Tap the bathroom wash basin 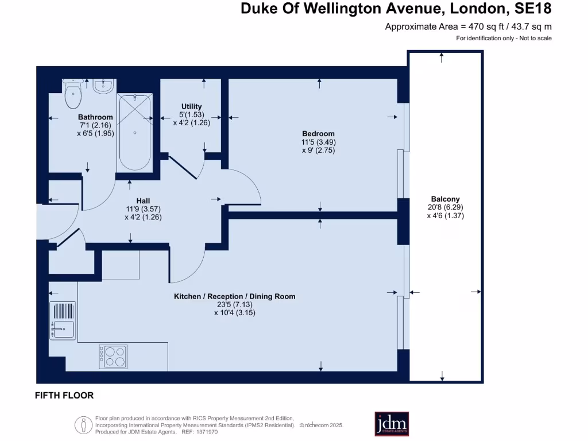pyautogui.click(x=103, y=86)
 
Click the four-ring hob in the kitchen pyautogui.click(x=113, y=356)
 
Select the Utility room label pyautogui.click(x=191, y=106)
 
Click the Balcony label pyautogui.click(x=445, y=199)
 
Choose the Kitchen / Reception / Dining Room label pyautogui.click(x=235, y=296)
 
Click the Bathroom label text pyautogui.click(x=96, y=117)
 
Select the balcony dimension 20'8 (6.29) pyautogui.click(x=445, y=207)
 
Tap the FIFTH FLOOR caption pyautogui.click(x=64, y=396)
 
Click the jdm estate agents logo pyautogui.click(x=392, y=423)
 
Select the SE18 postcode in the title pyautogui.click(x=531, y=9)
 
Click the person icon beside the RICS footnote pyautogui.click(x=84, y=425)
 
